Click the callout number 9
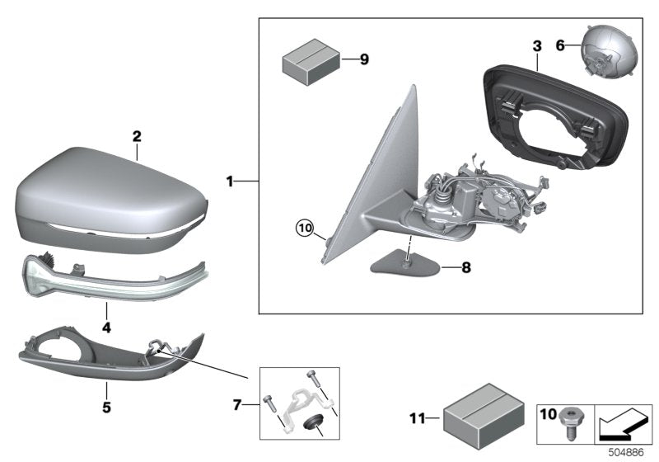(x=365, y=59)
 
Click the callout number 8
(x=466, y=267)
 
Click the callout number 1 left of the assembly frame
(x=231, y=179)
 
